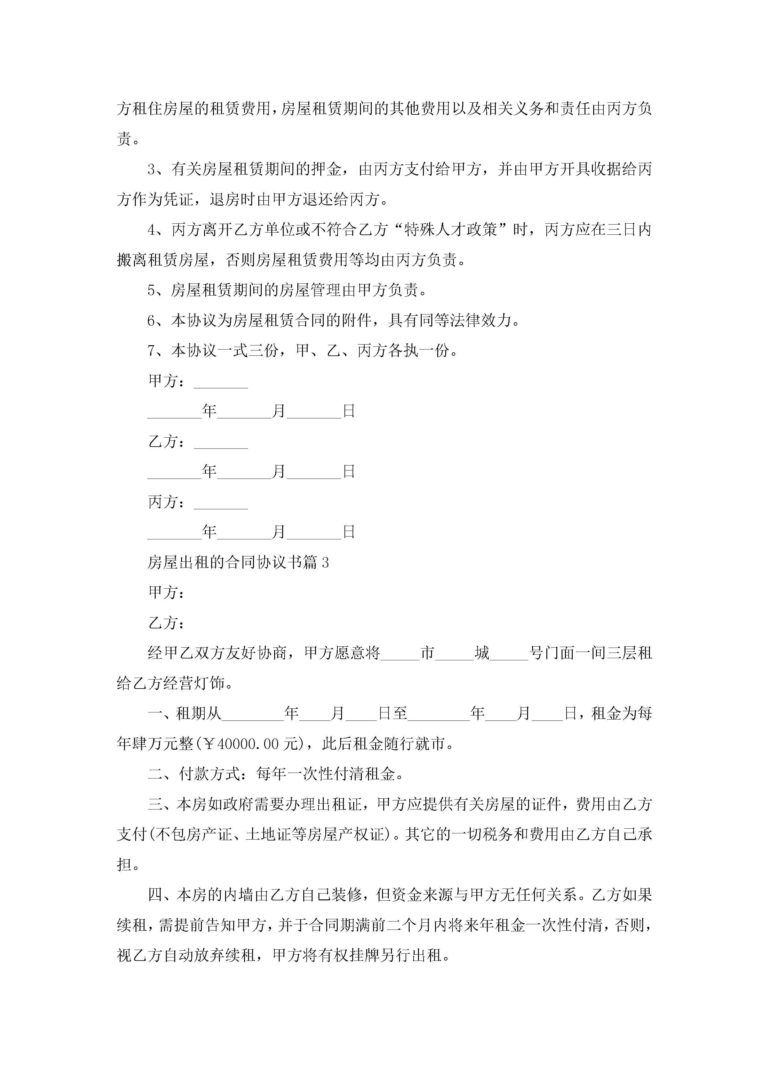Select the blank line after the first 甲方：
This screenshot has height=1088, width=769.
(221, 382)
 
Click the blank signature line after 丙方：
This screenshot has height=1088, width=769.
(221, 503)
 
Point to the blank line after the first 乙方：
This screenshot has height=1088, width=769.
(221, 442)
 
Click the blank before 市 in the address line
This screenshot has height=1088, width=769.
(400, 653)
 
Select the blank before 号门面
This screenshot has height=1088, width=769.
(509, 653)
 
